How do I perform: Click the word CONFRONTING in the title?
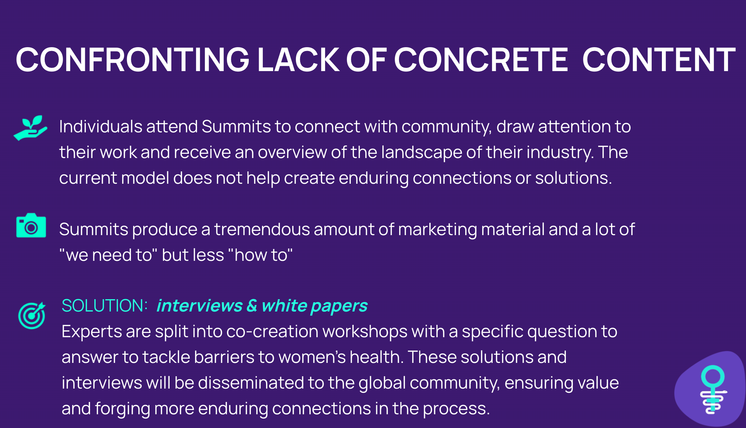pos(132,60)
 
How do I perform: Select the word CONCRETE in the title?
pos(481,60)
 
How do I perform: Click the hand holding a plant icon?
pos(31,128)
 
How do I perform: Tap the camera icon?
pos(31,225)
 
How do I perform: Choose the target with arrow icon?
pos(32,315)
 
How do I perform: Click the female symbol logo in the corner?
pos(713,389)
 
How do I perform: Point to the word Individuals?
pos(101,126)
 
